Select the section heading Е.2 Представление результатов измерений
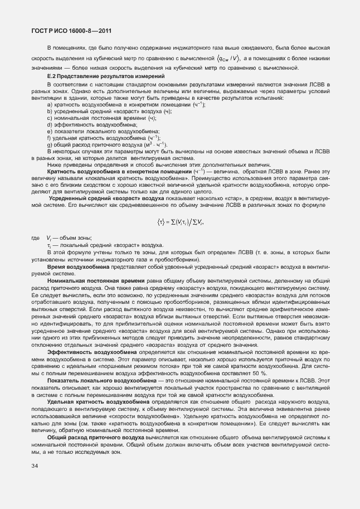click(x=106, y=75)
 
